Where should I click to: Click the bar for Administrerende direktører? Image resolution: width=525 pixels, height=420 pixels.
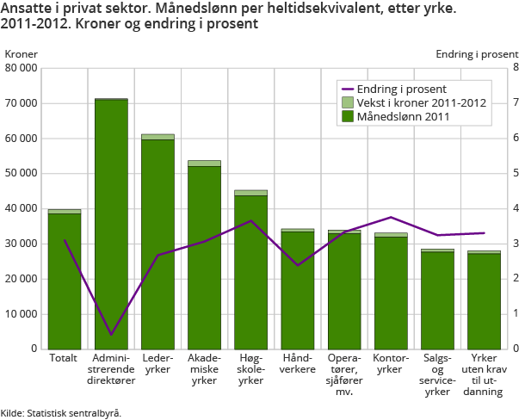[x=111, y=224]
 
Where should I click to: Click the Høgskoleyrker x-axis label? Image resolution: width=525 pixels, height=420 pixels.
[x=250, y=368]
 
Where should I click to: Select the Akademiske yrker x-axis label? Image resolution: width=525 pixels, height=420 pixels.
[x=204, y=368]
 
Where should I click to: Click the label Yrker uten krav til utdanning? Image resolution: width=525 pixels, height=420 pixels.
[x=484, y=374]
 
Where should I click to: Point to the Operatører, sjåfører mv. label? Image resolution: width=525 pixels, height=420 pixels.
[x=343, y=374]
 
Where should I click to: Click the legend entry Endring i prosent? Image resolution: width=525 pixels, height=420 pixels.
[x=404, y=89]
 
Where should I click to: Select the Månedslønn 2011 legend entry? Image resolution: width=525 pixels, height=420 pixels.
[x=404, y=116]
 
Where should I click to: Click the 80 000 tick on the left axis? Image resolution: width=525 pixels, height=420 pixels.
[x=21, y=67]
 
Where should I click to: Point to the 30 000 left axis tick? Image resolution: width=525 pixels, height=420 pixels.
[x=21, y=244]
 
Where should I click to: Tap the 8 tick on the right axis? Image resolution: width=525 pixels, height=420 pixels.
[x=516, y=67]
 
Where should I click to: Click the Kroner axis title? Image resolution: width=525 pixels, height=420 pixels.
[x=22, y=53]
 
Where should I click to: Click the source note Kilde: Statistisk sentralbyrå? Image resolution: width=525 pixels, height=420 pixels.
[x=61, y=412]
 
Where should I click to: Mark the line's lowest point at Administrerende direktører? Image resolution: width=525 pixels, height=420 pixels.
[x=111, y=334]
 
